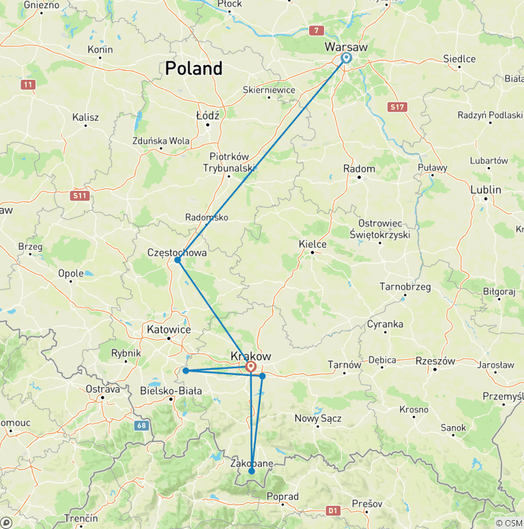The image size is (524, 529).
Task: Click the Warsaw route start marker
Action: click(346, 59)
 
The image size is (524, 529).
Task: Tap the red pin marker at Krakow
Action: click(251, 367)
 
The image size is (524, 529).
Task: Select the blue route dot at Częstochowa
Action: click(177, 260)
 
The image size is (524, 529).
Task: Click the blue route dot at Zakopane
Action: click(252, 471)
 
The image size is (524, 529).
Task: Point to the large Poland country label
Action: click(194, 68)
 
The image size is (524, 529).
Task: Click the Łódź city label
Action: click(207, 116)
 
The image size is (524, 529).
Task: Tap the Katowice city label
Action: click(169, 329)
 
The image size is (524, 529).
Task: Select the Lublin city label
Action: click(485, 190)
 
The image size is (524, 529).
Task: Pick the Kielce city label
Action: click(312, 244)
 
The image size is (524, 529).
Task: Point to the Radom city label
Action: click(360, 169)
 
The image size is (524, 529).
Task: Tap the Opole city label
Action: click(71, 273)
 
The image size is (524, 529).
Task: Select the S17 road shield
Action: click(397, 107)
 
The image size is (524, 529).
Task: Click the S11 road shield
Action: click(80, 196)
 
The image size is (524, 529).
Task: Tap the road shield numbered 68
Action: click(141, 426)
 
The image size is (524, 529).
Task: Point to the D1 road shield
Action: click(332, 509)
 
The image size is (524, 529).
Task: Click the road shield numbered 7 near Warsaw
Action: click(316, 30)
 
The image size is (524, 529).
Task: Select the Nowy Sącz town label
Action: click(317, 418)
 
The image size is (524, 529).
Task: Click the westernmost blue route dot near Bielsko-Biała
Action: click(186, 371)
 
